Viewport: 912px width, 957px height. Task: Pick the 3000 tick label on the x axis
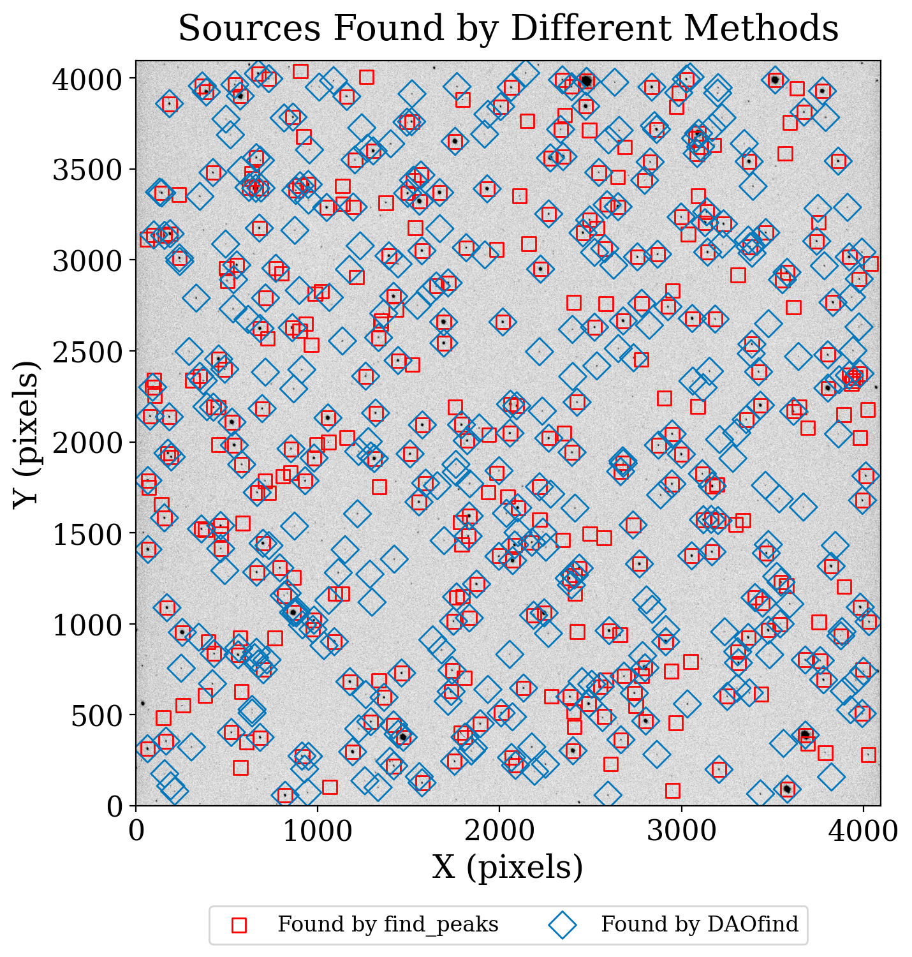[x=681, y=831]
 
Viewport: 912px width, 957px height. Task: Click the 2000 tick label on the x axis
[x=499, y=831]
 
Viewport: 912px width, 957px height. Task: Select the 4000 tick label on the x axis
[x=863, y=831]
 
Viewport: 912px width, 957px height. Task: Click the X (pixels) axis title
[x=508, y=868]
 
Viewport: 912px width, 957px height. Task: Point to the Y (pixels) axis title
[x=26, y=434]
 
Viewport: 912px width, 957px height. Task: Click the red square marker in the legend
[x=239, y=925]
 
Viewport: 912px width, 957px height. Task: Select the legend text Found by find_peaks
[x=388, y=924]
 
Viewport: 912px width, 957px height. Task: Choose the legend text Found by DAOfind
[x=699, y=924]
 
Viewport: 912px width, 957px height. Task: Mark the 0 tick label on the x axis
[x=136, y=831]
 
